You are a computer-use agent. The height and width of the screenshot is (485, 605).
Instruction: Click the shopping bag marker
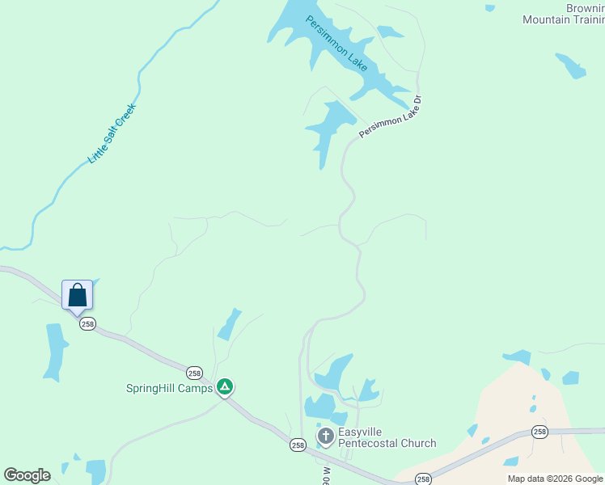tap(78, 294)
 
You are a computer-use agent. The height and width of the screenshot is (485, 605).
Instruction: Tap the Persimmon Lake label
tap(336, 41)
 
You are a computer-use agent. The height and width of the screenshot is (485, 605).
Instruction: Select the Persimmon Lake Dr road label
tap(391, 118)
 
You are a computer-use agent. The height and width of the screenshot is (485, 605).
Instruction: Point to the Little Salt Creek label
tap(112, 133)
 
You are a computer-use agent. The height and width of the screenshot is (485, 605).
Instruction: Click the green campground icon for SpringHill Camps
tap(226, 387)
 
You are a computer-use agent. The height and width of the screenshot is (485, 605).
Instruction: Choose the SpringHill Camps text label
tap(169, 388)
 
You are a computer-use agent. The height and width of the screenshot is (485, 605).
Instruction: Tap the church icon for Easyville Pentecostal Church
tap(325, 437)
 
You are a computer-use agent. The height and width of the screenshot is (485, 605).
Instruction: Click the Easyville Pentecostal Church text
tap(387, 437)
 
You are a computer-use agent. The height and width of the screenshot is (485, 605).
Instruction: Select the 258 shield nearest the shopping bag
tap(87, 323)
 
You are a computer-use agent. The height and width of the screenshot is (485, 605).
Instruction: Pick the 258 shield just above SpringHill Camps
tap(194, 373)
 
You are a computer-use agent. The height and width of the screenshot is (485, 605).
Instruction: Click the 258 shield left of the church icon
tap(298, 445)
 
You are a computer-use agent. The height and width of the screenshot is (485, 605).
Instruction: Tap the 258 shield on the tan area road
tap(539, 432)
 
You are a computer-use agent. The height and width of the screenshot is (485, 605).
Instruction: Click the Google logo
tap(27, 475)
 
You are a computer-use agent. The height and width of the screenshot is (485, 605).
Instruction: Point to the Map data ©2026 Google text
tap(555, 479)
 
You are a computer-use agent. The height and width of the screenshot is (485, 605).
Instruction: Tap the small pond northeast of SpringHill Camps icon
tap(230, 323)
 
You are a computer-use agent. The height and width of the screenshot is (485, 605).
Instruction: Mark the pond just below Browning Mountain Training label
tap(571, 65)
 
